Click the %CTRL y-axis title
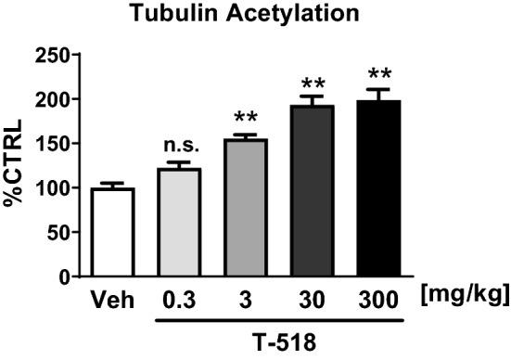click(17, 165)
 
